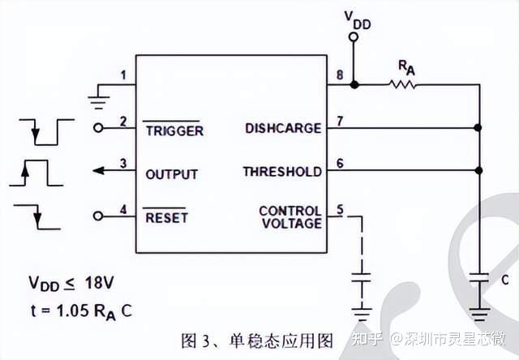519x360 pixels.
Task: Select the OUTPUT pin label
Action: point(171,174)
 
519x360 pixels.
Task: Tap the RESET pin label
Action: point(165,217)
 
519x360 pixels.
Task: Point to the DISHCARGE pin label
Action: point(282,128)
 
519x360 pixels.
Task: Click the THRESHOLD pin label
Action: point(281,172)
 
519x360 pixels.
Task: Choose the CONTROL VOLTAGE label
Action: point(290,217)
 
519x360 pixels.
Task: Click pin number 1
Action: point(122,76)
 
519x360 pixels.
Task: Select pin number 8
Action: point(340,76)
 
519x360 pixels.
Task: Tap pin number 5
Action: point(340,209)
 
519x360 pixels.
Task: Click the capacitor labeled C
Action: point(479,279)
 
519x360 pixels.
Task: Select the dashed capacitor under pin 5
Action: point(362,279)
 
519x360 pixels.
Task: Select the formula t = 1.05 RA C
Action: point(79,310)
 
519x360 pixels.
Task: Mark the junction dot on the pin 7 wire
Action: point(479,127)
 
